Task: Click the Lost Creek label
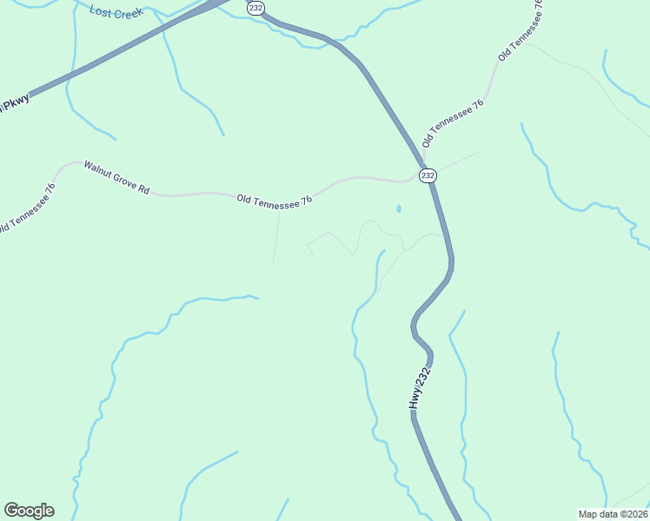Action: [116, 13]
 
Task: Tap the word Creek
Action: [128, 13]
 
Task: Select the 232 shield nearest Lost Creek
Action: [255, 7]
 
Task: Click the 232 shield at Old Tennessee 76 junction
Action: [428, 175]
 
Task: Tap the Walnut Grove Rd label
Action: [116, 176]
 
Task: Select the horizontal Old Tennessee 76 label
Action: [274, 200]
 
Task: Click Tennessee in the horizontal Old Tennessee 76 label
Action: [276, 200]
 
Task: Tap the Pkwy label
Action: [15, 105]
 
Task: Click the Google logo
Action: [29, 511]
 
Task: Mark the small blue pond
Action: [399, 209]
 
